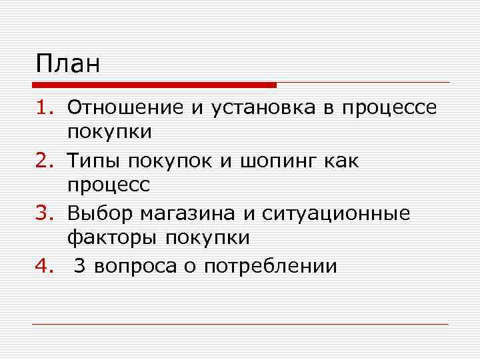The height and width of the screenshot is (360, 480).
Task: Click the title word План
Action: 68,65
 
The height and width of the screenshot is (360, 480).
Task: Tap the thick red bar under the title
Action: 154,85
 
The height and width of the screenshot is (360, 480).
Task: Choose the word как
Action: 344,161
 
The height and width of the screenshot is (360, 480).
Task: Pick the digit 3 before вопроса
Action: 81,266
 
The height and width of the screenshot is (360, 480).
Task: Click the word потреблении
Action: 271,267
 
